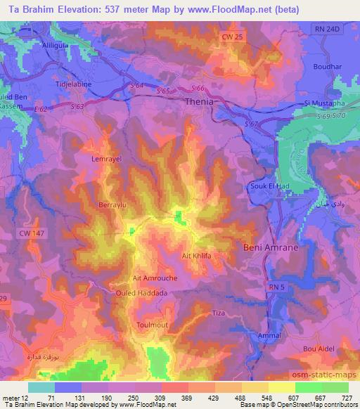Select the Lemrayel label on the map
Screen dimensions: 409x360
tap(107, 160)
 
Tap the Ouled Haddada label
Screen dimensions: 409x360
tap(141, 293)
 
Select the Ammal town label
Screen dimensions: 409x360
tap(269, 336)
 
